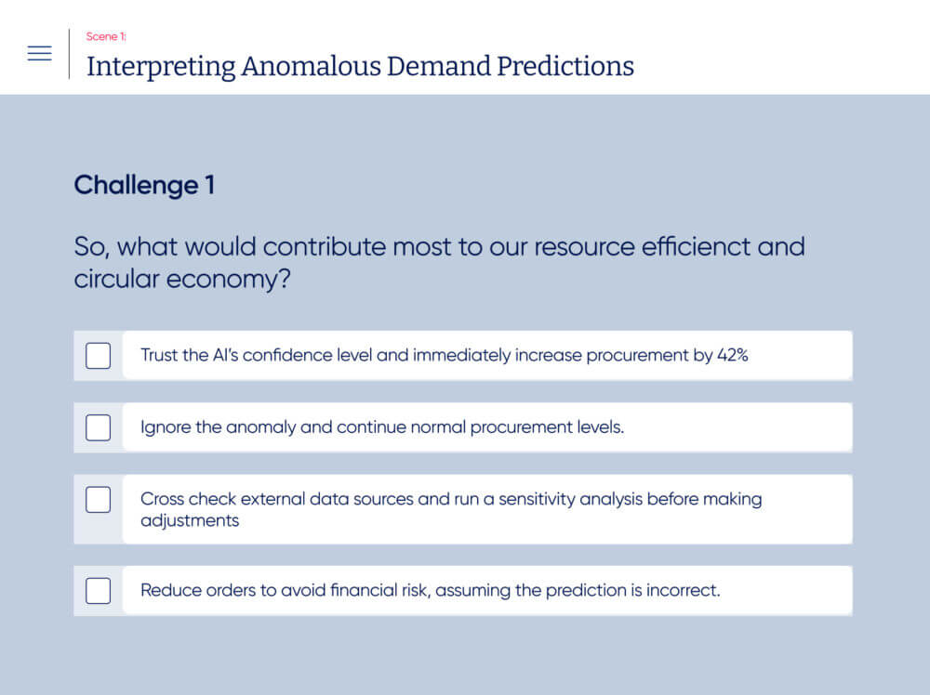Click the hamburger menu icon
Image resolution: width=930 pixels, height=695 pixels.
[40, 53]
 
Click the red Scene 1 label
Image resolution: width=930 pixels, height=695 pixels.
[106, 37]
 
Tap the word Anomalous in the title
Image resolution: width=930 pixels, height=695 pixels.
[311, 66]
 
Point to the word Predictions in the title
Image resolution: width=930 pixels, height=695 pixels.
[565, 66]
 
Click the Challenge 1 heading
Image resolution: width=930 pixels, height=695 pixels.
[144, 185]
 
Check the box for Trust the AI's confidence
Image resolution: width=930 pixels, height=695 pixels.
[98, 356]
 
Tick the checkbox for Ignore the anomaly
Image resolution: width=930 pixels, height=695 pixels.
[98, 427]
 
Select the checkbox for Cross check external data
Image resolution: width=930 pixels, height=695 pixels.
[98, 500]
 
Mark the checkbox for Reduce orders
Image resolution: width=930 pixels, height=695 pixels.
[98, 591]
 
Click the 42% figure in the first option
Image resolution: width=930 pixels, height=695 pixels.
[733, 355]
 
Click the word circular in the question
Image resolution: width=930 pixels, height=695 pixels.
[116, 279]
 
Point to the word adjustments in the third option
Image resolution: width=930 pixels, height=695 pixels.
[190, 521]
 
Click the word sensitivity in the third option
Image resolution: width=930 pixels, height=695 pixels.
[537, 500]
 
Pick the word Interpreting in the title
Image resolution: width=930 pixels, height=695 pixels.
[161, 67]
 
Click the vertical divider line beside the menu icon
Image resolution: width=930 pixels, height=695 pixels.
[70, 54]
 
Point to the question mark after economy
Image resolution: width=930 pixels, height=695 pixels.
[284, 279]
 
